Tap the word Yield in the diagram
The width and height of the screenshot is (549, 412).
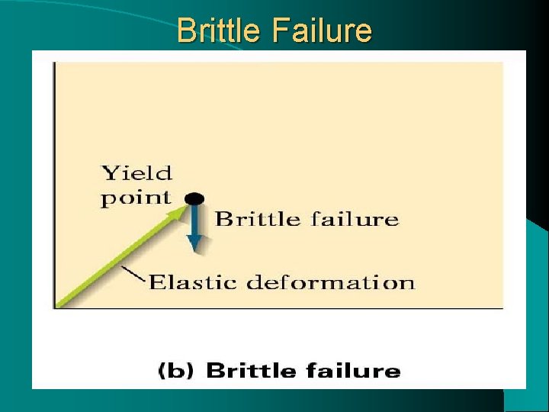pyautogui.click(x=137, y=173)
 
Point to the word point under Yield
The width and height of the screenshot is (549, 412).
pyautogui.click(x=136, y=198)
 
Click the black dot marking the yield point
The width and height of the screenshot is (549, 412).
pyautogui.click(x=195, y=198)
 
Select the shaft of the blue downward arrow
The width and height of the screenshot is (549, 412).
pyautogui.click(x=195, y=221)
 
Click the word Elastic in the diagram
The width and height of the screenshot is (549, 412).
pyautogui.click(x=191, y=282)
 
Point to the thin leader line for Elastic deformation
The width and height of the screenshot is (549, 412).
pyautogui.click(x=133, y=273)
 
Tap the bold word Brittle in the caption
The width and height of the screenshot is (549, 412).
pyautogui.click(x=251, y=372)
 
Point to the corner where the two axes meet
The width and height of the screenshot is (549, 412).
pyautogui.click(x=53, y=308)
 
